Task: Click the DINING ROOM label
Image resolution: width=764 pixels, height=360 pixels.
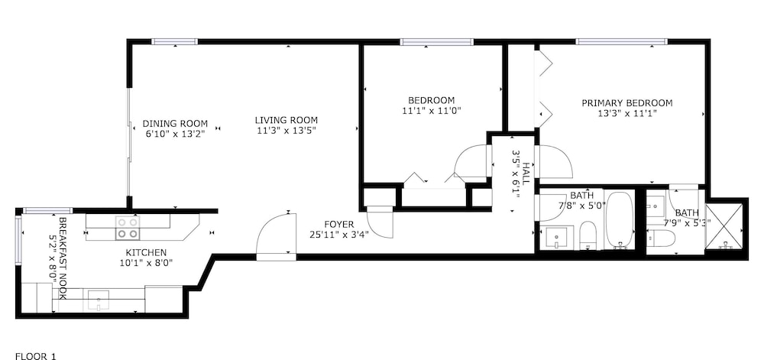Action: point(175,123)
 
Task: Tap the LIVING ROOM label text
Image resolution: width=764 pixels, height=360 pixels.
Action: point(286,120)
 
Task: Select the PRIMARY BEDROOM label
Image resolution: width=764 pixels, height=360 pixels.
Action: point(627,103)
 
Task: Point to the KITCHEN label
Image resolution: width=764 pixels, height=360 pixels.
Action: point(146,253)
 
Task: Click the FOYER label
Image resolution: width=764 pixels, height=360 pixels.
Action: point(338,225)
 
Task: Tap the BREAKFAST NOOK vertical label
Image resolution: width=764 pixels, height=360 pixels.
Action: point(63,258)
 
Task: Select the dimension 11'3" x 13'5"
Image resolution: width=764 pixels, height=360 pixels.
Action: point(286,130)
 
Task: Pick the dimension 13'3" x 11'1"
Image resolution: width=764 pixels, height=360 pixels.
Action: point(627,114)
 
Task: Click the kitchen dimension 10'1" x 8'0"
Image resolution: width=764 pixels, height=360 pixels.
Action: point(146,263)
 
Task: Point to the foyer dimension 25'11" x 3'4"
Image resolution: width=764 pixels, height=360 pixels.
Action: point(338,235)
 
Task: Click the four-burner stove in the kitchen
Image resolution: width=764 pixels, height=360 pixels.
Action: point(127,228)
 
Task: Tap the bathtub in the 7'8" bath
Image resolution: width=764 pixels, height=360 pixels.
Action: point(620,220)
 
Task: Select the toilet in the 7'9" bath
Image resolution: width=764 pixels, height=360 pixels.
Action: point(661,238)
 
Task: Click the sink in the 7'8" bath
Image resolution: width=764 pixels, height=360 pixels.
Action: point(557,238)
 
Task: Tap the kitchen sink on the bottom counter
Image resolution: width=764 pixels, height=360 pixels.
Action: point(99,300)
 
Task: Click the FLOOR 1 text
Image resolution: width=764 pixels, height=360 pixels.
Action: point(36,356)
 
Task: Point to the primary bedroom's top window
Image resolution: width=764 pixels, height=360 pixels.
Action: point(621,41)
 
